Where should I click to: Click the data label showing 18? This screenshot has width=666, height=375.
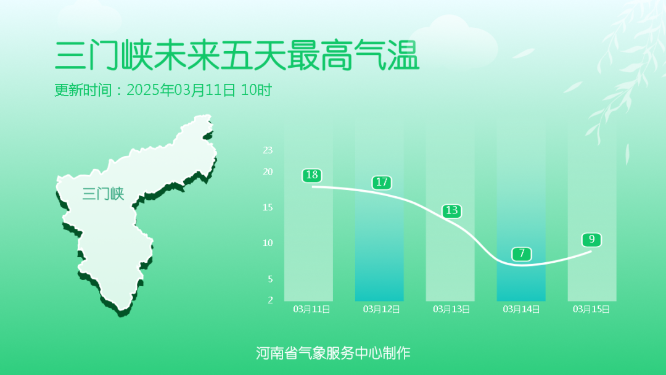coord(312,175)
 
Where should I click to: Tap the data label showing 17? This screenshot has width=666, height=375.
coord(382,183)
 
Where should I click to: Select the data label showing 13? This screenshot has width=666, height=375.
coord(451,211)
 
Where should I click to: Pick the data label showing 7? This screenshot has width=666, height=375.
coord(522,253)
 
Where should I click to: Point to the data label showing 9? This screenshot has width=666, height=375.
coord(591,239)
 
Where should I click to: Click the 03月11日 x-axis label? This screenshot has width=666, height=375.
coord(311,309)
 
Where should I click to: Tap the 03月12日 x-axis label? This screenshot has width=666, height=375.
coord(381,309)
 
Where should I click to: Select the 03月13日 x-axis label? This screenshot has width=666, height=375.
coord(451,309)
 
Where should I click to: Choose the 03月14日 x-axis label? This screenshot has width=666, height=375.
coord(521,309)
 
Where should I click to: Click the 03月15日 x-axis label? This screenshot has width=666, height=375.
coord(591,309)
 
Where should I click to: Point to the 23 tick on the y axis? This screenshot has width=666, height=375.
coord(268,150)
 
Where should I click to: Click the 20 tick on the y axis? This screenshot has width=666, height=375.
coord(268,172)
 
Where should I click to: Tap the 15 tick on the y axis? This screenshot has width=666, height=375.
coord(268,207)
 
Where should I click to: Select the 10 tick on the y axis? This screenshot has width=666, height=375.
coord(268,243)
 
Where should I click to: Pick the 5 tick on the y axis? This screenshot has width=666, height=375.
coord(270,279)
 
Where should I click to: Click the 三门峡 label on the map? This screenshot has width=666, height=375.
coord(103,194)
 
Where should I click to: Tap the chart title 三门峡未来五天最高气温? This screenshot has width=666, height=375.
coord(237,56)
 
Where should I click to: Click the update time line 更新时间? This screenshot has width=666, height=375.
coord(163,90)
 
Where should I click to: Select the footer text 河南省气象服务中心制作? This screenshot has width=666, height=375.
coord(333,353)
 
